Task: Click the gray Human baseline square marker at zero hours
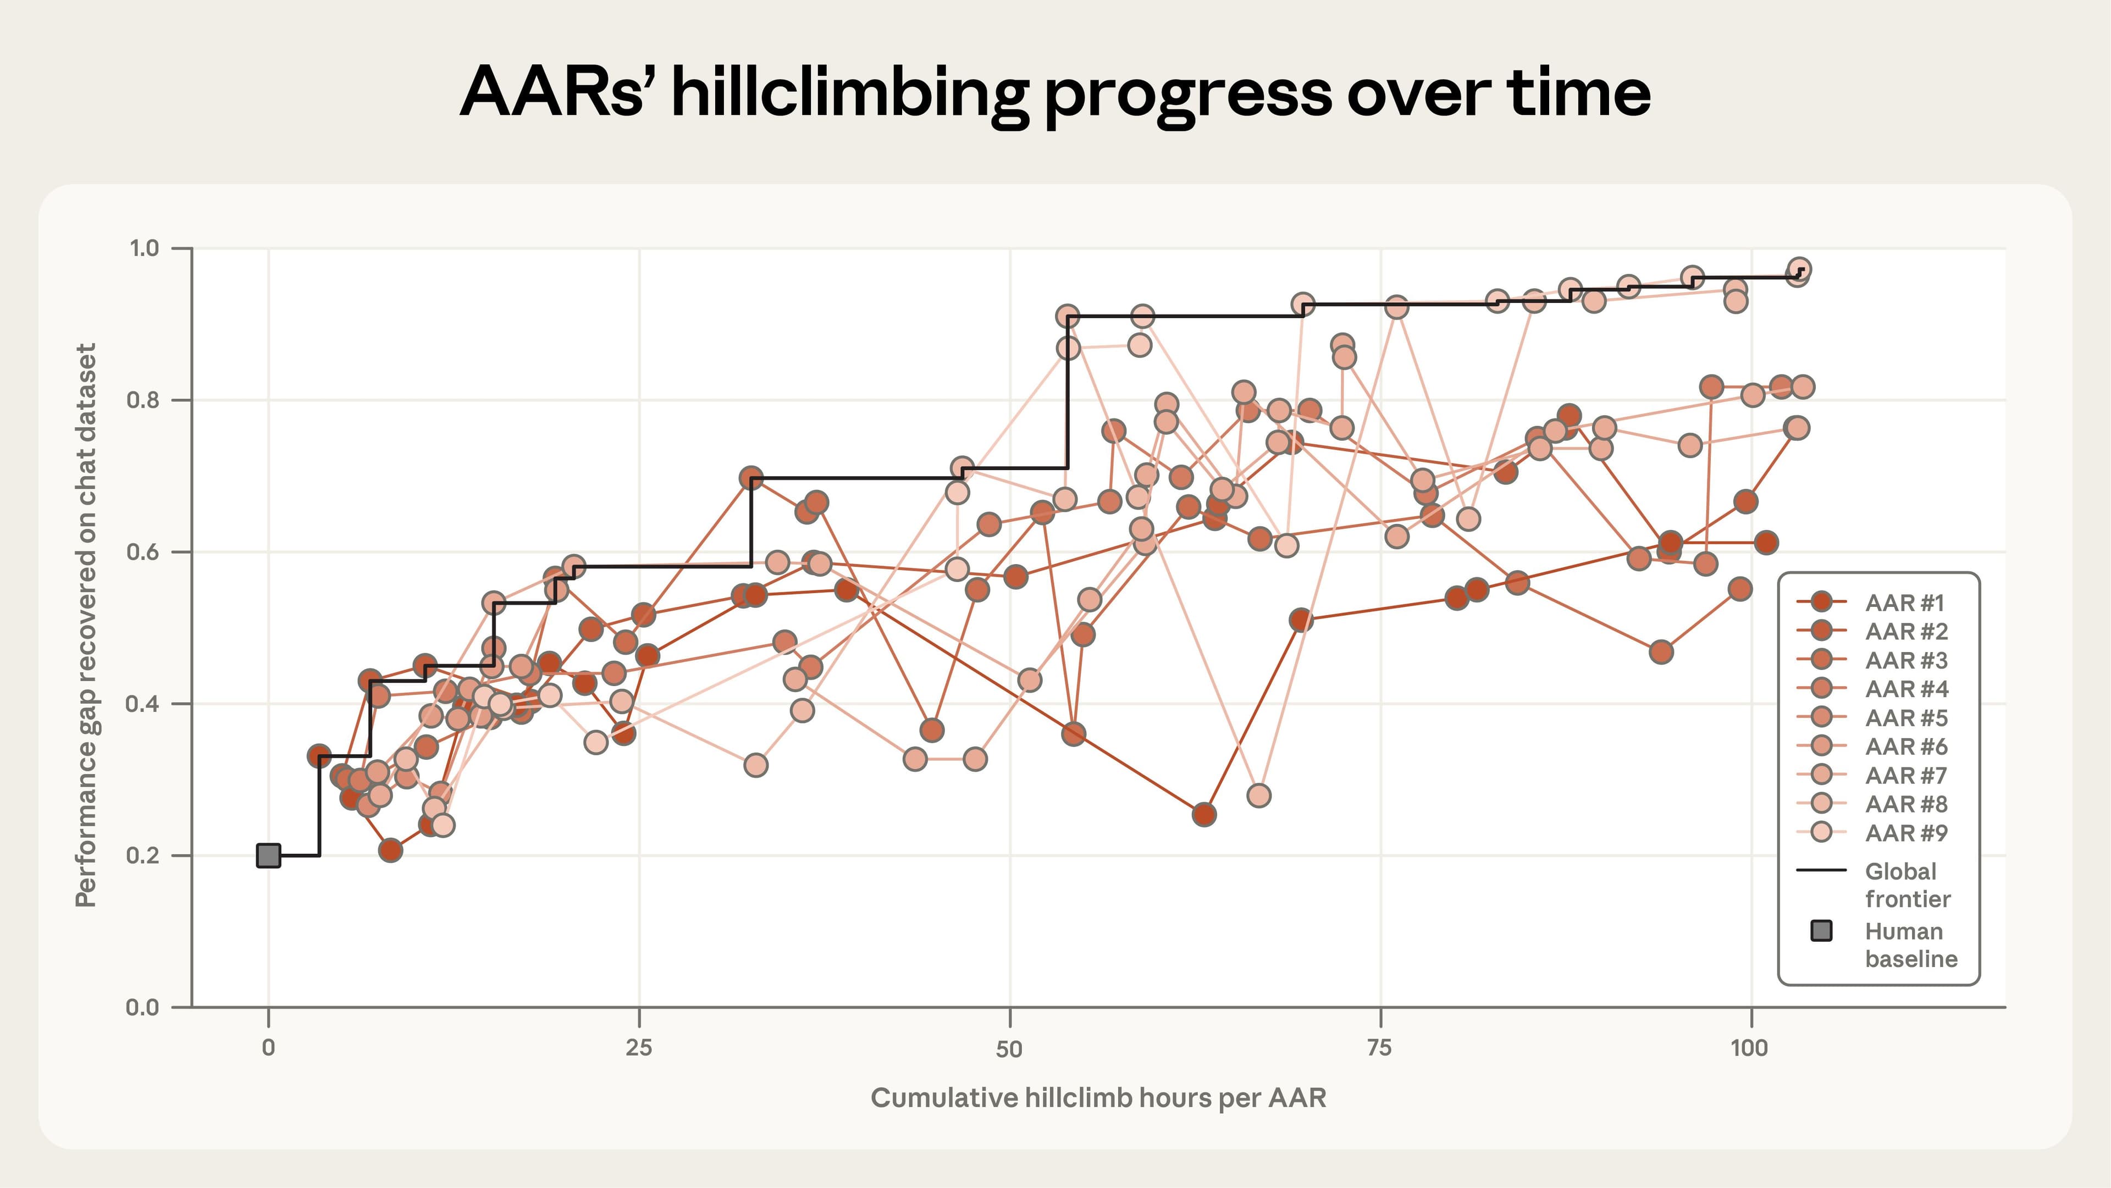click(x=269, y=855)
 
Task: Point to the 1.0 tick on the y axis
click(x=144, y=247)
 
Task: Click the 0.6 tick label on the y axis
click(x=144, y=551)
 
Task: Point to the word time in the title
click(x=1578, y=92)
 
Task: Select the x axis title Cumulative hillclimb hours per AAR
click(x=1098, y=1098)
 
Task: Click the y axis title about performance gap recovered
click(x=86, y=625)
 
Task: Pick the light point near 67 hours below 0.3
click(x=1259, y=795)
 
